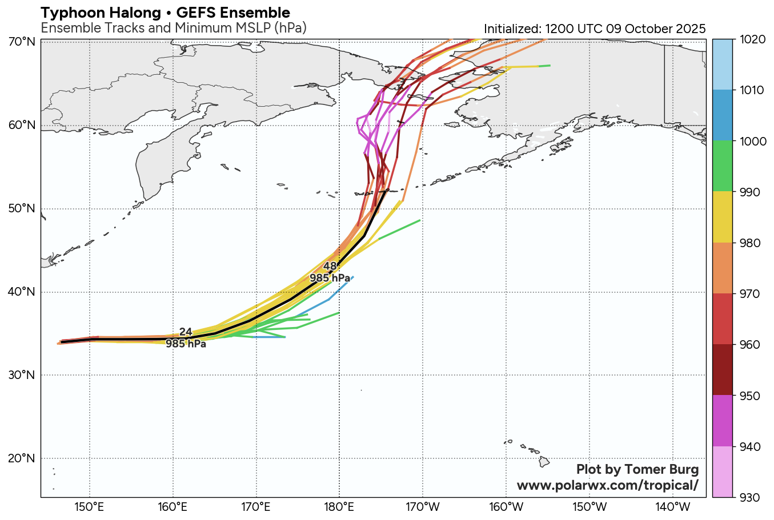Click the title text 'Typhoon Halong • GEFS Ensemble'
coord(165,13)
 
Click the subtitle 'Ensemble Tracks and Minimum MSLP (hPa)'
coord(174,28)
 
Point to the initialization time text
coord(595,29)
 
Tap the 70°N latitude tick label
coord(22,42)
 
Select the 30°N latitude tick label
coord(22,375)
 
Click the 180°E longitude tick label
coord(339,507)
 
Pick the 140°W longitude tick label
coord(673,507)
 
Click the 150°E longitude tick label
coord(90,507)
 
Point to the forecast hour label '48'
coord(330,267)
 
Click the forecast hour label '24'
coord(186,332)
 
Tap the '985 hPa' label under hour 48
coord(330,278)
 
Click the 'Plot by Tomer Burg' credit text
coord(637,470)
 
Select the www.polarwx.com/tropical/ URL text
coord(607,485)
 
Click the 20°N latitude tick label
coord(22,458)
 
